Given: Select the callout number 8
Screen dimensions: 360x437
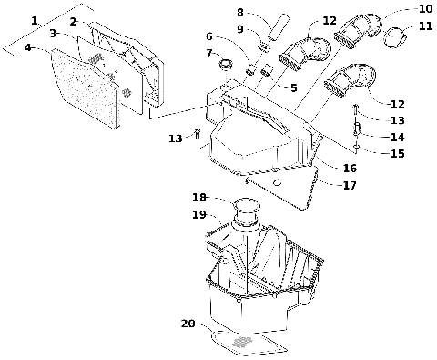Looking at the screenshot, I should pos(239,13).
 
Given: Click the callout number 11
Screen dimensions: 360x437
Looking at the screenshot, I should pos(425,26).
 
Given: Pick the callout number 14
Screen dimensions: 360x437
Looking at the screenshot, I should pos(397,137).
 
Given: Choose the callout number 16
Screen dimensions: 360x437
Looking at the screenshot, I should pos(350,169).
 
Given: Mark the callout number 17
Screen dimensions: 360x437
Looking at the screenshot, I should pos(349,186).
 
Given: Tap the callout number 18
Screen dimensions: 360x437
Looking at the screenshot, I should pos(199,198).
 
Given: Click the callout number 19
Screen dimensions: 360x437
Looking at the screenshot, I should pos(198,215).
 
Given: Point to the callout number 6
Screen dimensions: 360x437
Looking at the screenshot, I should pos(208,36).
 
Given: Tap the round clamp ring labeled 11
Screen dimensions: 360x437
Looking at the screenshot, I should pos(393,37).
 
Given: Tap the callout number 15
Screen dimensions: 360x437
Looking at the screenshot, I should pos(397,153).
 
